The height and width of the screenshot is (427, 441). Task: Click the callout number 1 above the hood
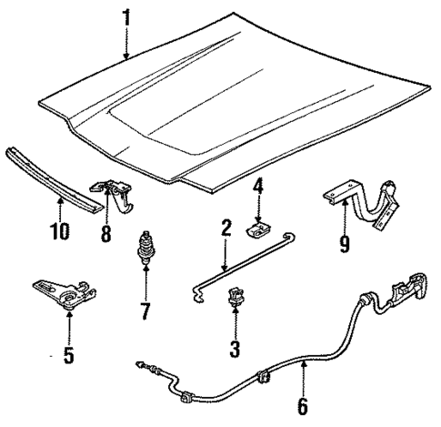[x=127, y=17]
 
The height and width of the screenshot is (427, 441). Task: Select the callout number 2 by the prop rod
[x=225, y=228]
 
